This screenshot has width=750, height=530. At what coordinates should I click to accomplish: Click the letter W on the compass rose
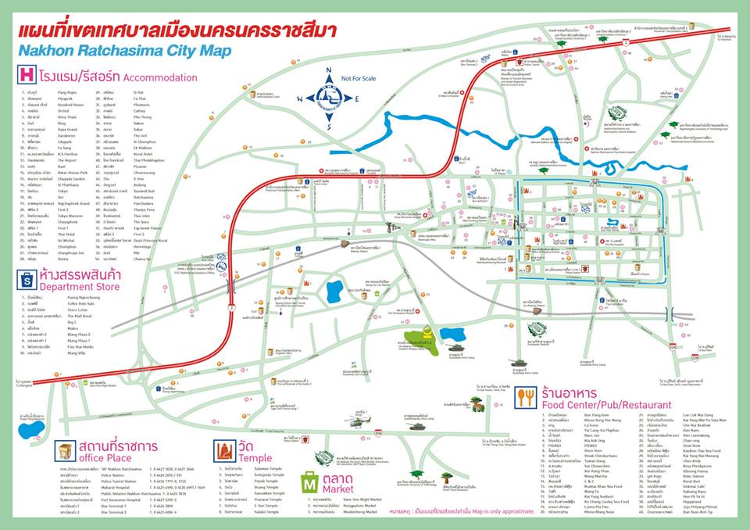[x=299, y=98]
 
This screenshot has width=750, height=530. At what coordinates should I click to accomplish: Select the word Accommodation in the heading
[x=160, y=77]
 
